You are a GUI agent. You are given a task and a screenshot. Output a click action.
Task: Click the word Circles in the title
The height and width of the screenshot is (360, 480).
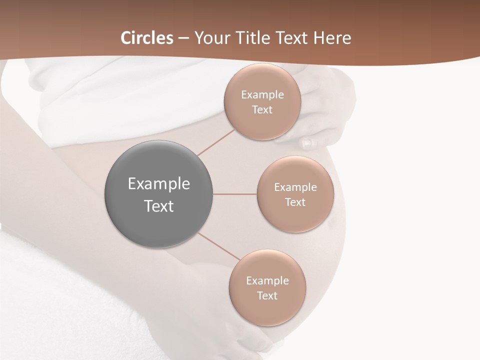[147, 38]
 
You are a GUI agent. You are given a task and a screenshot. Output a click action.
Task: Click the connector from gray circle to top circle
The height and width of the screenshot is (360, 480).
[215, 142]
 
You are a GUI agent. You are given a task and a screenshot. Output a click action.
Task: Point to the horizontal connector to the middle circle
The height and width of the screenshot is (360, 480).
[235, 194]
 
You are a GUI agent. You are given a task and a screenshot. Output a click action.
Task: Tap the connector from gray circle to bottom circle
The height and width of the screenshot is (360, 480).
[219, 247]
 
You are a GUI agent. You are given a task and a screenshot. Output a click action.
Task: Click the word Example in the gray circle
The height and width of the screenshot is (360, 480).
[159, 184]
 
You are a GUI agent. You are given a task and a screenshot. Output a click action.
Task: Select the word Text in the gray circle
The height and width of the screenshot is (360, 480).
[159, 206]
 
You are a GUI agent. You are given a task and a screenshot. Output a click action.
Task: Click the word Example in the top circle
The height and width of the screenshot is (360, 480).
[262, 95]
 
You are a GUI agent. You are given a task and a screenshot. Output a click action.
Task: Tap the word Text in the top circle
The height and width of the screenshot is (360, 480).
[262, 110]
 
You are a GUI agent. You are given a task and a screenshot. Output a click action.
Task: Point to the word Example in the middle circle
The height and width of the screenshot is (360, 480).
[295, 187]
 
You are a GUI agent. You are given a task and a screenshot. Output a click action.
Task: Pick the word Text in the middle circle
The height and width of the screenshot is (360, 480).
[295, 202]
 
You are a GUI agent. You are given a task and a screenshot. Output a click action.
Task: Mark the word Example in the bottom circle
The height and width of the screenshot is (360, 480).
[267, 281]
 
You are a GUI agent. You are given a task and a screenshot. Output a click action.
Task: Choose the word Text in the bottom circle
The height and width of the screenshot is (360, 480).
[267, 296]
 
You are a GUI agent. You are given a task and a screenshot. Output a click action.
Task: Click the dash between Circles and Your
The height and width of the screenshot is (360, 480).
[183, 38]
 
